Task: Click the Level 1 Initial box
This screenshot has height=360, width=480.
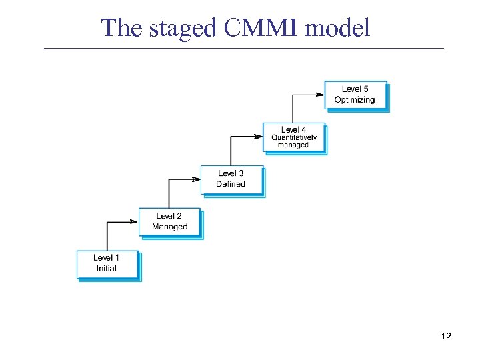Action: pyautogui.click(x=107, y=264)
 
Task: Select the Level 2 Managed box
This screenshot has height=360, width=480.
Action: pyautogui.click(x=169, y=222)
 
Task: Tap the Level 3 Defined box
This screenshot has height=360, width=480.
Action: pyautogui.click(x=231, y=179)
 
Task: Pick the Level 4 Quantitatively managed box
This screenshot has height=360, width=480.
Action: pyautogui.click(x=293, y=137)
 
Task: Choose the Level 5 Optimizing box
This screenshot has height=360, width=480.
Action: pyautogui.click(x=355, y=95)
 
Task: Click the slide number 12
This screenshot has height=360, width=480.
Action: pyautogui.click(x=446, y=336)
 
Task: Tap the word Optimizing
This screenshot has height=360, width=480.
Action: pyautogui.click(x=355, y=100)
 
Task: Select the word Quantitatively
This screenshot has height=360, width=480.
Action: pyautogui.click(x=293, y=138)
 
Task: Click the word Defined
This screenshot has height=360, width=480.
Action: pyautogui.click(x=231, y=184)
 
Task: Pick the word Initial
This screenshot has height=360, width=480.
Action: pyautogui.click(x=107, y=269)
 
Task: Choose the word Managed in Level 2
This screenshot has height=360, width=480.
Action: pyautogui.click(x=169, y=227)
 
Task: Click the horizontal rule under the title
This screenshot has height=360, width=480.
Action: pyautogui.click(x=243, y=48)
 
